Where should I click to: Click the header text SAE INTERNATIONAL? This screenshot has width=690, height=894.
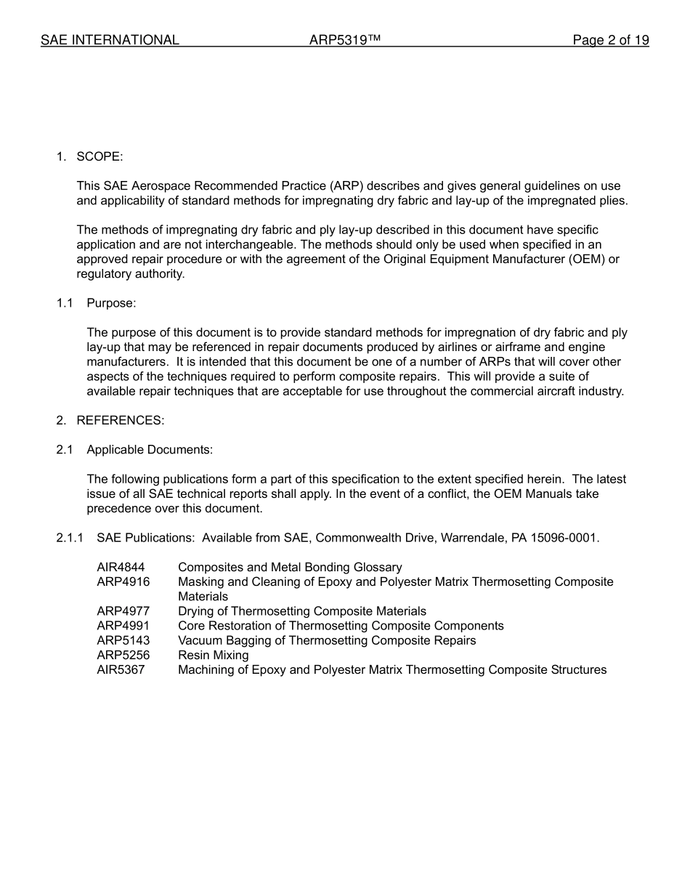pyautogui.click(x=110, y=41)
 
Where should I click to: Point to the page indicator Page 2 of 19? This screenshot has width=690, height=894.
pyautogui.click(x=610, y=41)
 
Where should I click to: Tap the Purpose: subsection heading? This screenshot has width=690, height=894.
pyautogui.click(x=111, y=303)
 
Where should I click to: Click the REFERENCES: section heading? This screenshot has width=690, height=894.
pyautogui.click(x=121, y=420)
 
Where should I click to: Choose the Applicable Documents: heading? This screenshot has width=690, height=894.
pyautogui.click(x=150, y=450)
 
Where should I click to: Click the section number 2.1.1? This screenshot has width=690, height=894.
pyautogui.click(x=70, y=538)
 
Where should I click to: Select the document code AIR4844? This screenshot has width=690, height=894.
pyautogui.click(x=121, y=567)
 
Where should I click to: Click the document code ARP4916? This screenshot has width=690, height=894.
pyautogui.click(x=123, y=581)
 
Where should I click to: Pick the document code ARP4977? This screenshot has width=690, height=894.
pyautogui.click(x=123, y=611)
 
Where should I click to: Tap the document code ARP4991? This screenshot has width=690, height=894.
pyautogui.click(x=123, y=626)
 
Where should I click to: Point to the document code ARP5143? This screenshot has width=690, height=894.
pyautogui.click(x=123, y=640)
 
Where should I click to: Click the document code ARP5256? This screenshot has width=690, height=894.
pyautogui.click(x=123, y=655)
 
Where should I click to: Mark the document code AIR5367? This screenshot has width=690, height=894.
pyautogui.click(x=121, y=669)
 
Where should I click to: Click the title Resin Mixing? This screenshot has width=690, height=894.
pyautogui.click(x=213, y=655)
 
